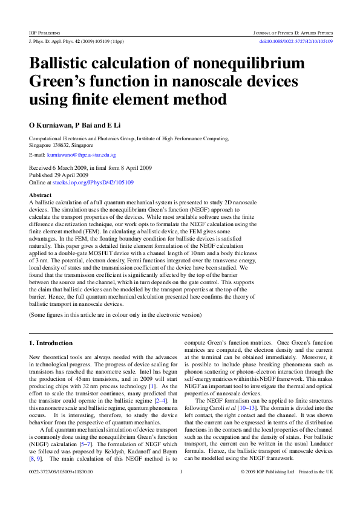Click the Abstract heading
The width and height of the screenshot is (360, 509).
(x=41, y=195)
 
